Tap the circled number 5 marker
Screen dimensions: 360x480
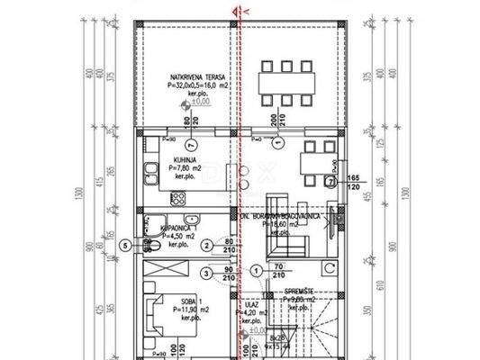pos(124,244)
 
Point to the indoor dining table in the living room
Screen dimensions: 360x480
pos(315,161)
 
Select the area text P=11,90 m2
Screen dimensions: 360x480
pos(186,309)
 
